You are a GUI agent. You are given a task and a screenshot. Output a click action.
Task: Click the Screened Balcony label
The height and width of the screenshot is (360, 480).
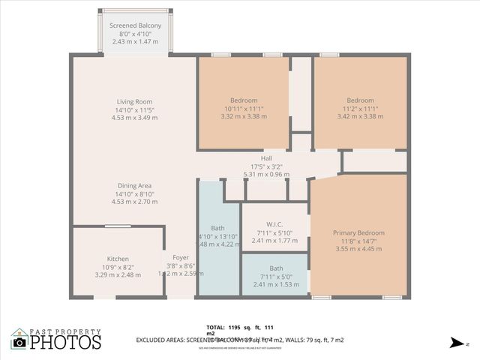pyautogui.click(x=135, y=25)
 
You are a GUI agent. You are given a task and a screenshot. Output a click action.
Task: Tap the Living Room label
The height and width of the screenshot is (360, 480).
pyautogui.click(x=134, y=101)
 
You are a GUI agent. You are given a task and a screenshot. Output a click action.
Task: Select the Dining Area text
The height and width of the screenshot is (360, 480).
pyautogui.click(x=134, y=185)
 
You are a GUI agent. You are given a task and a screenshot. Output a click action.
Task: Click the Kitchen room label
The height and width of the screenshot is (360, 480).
pyautogui.click(x=118, y=259)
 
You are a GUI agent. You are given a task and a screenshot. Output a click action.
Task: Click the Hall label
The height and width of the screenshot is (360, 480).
pyautogui.click(x=266, y=158)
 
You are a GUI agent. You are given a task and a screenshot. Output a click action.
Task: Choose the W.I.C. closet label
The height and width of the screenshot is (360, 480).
pyautogui.click(x=274, y=224)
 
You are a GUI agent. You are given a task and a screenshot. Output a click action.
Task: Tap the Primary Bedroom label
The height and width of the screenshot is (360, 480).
pyautogui.click(x=358, y=232)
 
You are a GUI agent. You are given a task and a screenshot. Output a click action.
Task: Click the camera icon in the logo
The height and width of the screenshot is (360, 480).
pyautogui.click(x=19, y=341)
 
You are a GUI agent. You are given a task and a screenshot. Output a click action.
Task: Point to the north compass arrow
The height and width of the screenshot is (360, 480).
pyautogui.click(x=454, y=342)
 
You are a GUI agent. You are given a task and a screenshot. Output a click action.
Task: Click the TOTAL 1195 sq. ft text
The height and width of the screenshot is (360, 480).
pyautogui.click(x=239, y=328)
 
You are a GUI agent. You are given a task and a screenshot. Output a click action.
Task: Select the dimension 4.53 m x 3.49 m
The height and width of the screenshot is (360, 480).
pyautogui.click(x=134, y=117)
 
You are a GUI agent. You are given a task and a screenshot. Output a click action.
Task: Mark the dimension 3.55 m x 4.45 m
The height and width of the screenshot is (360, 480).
pyautogui.click(x=358, y=249)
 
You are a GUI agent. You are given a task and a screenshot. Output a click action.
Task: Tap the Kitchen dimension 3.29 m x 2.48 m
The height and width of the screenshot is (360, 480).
pyautogui.click(x=118, y=274)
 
